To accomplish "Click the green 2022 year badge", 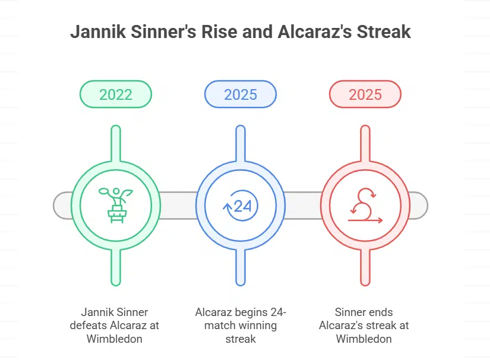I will click(116, 94).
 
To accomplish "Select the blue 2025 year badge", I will click(241, 94).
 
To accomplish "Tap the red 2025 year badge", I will click(365, 94).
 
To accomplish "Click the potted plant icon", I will click(116, 206).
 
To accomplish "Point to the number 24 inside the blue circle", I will click(243, 206).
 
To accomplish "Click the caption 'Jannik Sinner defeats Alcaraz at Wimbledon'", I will click(116, 326).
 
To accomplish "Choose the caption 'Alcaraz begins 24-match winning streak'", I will click(241, 326).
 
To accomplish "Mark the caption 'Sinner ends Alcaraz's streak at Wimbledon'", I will click(365, 326).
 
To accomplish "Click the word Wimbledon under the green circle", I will click(116, 339).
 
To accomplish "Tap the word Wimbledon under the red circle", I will click(365, 339).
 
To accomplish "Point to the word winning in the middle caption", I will click(257, 326).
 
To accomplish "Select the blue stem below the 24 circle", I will click(241, 267).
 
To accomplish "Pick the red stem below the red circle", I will click(365, 267).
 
